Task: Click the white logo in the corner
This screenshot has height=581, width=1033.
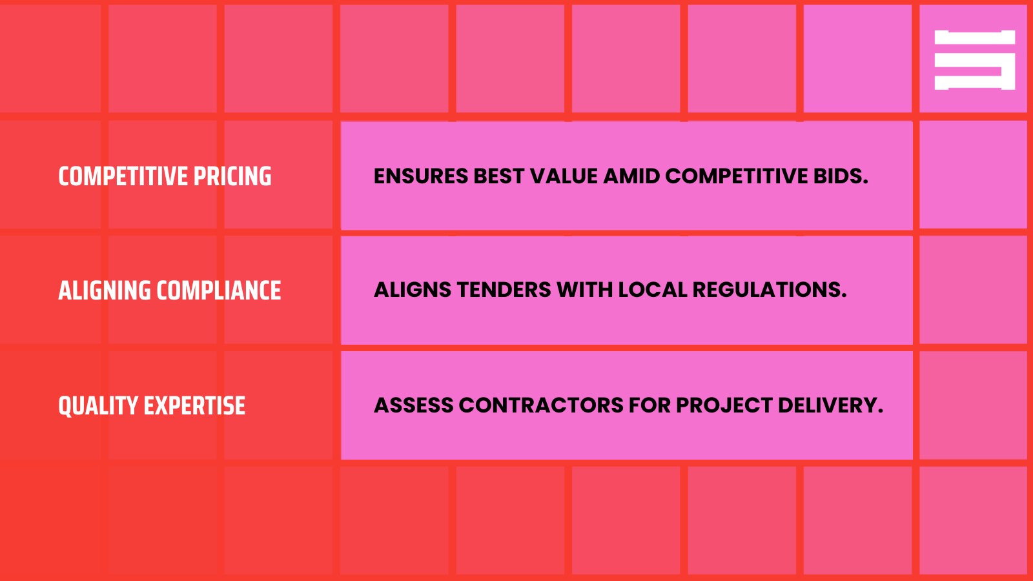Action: click(x=974, y=59)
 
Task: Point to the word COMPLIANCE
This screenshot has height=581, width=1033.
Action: click(x=219, y=290)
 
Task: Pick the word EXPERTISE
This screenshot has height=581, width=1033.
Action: click(x=194, y=406)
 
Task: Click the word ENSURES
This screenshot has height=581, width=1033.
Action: click(x=420, y=176)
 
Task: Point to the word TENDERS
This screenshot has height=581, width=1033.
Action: click(x=503, y=290)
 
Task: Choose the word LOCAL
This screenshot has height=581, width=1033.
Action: click(x=652, y=290)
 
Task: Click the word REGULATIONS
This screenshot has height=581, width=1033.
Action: click(x=769, y=290)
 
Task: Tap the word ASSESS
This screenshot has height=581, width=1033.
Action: click(x=413, y=405)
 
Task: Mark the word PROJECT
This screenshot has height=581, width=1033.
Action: click(x=724, y=405)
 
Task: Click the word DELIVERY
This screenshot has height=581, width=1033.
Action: click(x=830, y=405)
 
